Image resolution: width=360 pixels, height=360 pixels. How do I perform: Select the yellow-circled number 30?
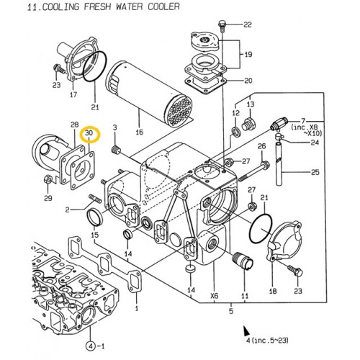(90, 133)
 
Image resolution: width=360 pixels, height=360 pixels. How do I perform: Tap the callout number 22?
(249, 25)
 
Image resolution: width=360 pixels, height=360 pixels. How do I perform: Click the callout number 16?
(140, 133)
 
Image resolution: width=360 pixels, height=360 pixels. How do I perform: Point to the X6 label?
(214, 294)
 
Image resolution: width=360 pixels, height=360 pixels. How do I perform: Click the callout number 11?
(245, 294)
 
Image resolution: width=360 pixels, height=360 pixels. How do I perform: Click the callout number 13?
(251, 104)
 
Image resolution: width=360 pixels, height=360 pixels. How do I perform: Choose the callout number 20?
(249, 80)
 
